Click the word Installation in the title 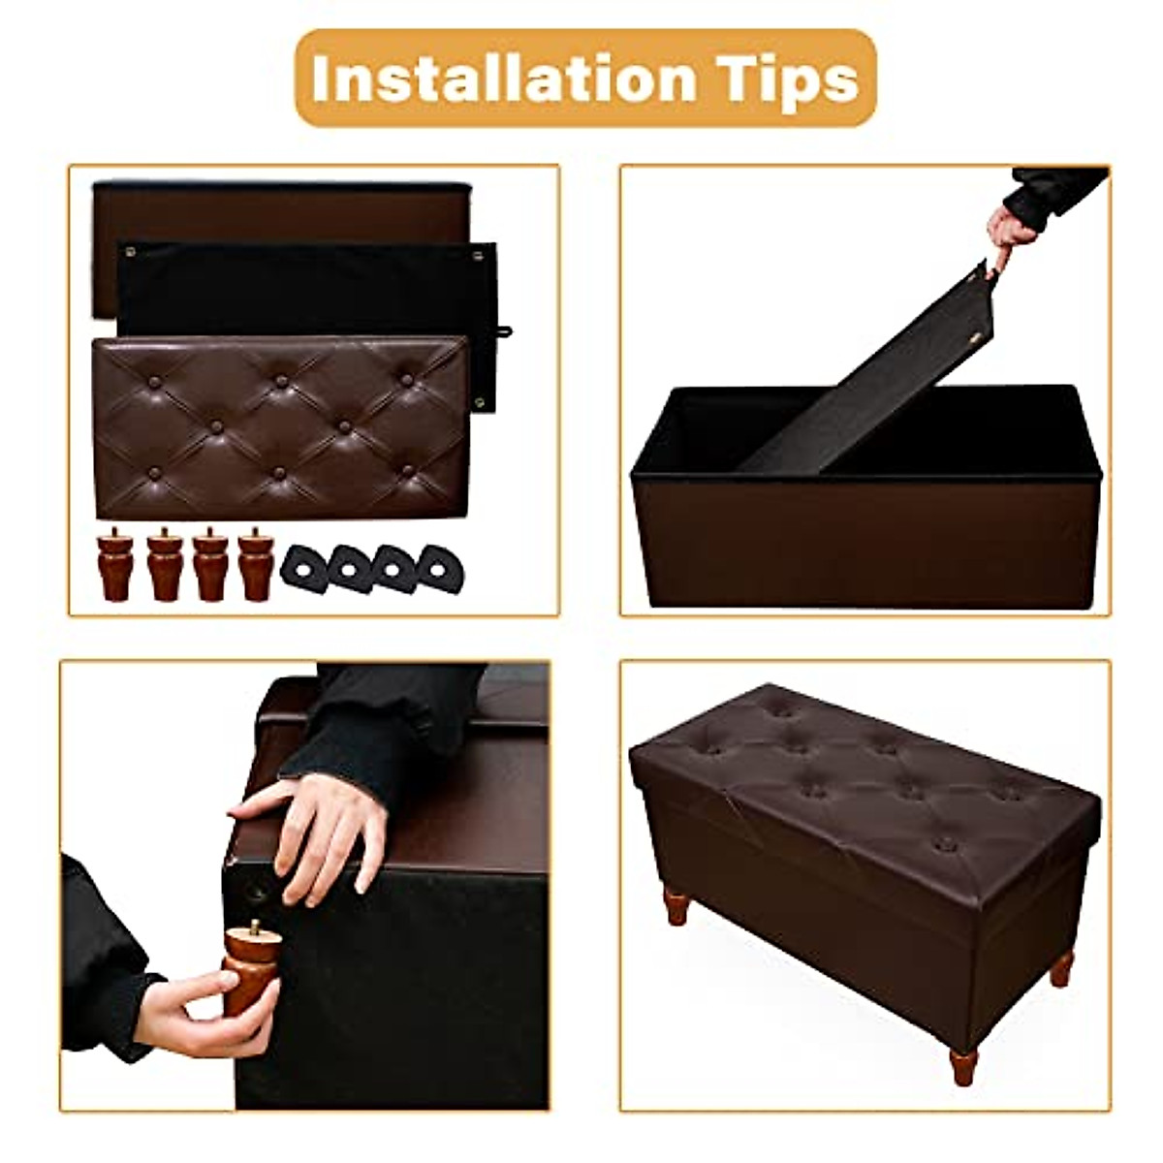499,79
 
